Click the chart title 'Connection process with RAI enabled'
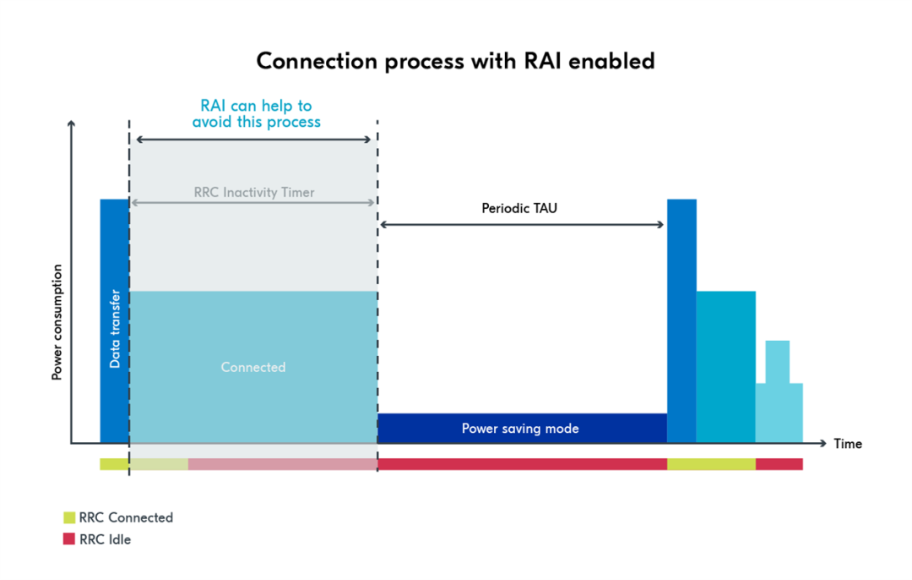[455, 62]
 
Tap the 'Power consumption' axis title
[57, 322]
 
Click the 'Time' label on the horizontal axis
[847, 444]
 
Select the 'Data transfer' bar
[115, 321]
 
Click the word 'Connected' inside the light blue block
[253, 367]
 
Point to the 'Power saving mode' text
[520, 429]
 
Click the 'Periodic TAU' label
[519, 207]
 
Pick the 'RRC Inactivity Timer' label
[253, 192]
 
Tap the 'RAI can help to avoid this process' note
[256, 114]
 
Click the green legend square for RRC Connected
[69, 517]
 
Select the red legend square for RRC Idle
[69, 539]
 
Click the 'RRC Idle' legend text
[106, 539]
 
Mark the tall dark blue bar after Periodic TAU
[681, 321]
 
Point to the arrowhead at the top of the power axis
[71, 125]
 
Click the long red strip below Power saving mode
[522, 464]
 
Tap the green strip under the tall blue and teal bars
[711, 464]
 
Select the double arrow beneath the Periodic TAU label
[522, 224]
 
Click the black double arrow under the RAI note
[253, 139]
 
